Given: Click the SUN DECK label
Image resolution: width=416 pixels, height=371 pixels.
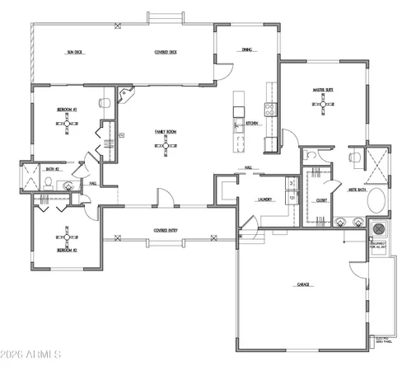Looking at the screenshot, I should [x=76, y=52].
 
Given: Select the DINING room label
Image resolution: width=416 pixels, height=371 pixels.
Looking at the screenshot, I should [x=246, y=49].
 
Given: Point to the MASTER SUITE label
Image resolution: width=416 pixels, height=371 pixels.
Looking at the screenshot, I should [x=322, y=90].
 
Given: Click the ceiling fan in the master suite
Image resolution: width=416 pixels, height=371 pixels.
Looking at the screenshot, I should [x=322, y=105].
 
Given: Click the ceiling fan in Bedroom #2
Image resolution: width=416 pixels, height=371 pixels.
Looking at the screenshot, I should [x=68, y=233].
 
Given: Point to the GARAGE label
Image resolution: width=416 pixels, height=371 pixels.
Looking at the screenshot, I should [x=303, y=285].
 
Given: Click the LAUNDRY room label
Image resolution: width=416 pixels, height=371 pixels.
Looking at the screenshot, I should [x=264, y=199].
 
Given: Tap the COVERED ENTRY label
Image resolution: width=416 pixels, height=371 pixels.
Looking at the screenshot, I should [x=167, y=230].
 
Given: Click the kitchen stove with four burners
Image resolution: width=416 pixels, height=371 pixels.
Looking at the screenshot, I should [x=269, y=107].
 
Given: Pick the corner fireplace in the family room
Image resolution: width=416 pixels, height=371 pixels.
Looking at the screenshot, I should [x=124, y=96].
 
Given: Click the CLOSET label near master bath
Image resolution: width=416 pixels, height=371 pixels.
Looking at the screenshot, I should [x=321, y=200].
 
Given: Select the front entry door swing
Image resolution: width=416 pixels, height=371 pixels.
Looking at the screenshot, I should [x=165, y=198].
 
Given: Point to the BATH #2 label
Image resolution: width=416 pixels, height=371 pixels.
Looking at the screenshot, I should [x=51, y=170].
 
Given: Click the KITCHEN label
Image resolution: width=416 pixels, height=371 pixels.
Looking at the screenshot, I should [x=253, y=124].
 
